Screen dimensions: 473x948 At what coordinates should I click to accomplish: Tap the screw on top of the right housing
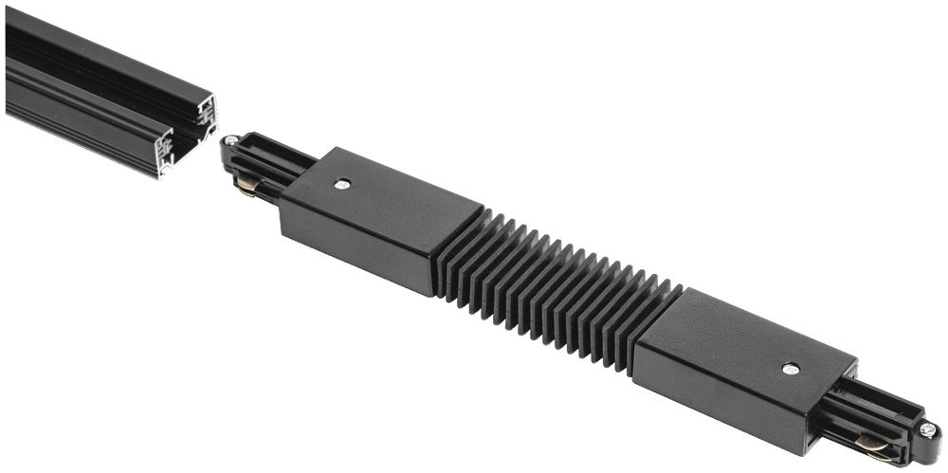pos(789,367)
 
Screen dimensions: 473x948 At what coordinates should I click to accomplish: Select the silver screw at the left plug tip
pos(229,141)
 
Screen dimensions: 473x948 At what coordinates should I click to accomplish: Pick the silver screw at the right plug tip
pos(926,429)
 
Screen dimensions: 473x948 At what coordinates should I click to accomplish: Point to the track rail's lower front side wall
pos(76,123)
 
